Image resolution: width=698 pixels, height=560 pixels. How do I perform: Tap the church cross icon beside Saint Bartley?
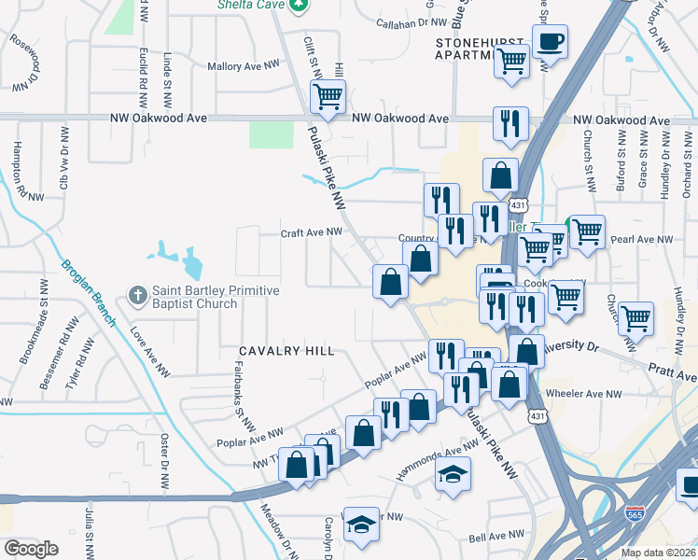[x=137, y=296]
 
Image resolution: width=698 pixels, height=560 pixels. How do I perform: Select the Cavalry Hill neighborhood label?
[x=286, y=351]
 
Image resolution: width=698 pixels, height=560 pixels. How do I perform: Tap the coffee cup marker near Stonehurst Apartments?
[x=550, y=41]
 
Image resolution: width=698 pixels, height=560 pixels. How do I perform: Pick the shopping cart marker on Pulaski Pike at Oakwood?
[x=328, y=95]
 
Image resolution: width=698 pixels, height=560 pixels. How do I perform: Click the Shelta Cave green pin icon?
[x=298, y=5]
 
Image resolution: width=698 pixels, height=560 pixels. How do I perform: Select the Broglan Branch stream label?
[x=89, y=289]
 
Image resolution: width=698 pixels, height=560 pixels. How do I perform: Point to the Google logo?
[x=31, y=549]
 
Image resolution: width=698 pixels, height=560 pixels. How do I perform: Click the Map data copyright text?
[x=659, y=552]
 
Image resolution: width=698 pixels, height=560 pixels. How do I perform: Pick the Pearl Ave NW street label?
[x=641, y=240]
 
